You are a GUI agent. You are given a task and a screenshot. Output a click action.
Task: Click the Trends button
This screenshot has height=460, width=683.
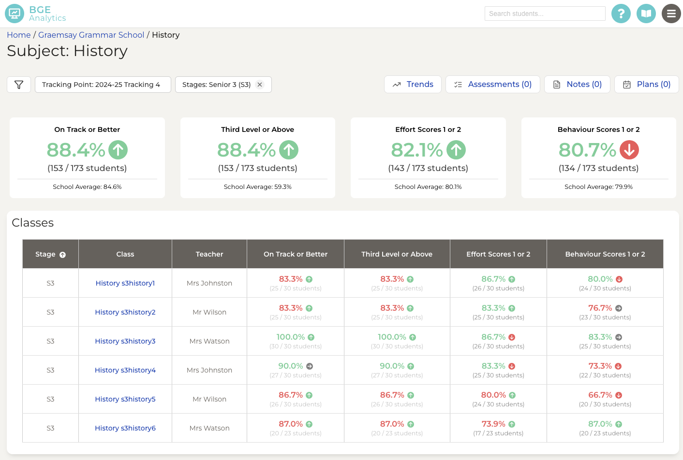click(413, 85)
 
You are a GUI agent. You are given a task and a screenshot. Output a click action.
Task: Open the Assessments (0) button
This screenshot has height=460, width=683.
click(492, 85)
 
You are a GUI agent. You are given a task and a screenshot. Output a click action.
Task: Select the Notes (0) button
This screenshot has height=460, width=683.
click(577, 85)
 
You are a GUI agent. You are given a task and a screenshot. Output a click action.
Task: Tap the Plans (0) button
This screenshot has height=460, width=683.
click(646, 85)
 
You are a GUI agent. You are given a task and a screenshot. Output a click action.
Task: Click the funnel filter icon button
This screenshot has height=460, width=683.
click(19, 85)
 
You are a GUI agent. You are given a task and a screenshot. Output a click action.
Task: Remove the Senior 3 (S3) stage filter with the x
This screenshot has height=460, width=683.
click(260, 85)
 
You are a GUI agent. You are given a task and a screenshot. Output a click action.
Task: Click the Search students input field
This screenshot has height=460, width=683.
click(545, 14)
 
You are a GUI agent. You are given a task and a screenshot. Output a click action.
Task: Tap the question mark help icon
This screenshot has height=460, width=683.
click(621, 14)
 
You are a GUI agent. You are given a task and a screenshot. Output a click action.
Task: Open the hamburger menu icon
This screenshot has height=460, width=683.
click(671, 14)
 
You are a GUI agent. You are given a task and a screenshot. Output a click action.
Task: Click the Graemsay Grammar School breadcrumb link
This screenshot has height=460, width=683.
click(91, 35)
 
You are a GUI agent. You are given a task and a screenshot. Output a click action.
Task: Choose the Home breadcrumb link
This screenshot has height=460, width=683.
click(19, 35)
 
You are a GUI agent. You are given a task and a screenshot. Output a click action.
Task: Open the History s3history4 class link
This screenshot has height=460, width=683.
click(125, 370)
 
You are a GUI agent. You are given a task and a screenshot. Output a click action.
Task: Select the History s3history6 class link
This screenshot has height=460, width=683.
click(125, 428)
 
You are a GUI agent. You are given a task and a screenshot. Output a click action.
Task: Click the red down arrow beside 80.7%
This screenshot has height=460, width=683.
click(629, 150)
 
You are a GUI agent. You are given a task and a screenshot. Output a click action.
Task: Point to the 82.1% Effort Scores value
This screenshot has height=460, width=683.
click(416, 150)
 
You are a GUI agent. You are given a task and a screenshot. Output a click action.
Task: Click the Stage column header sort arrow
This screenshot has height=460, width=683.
click(62, 255)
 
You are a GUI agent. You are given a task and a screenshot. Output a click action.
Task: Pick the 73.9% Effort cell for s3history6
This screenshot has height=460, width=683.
click(493, 424)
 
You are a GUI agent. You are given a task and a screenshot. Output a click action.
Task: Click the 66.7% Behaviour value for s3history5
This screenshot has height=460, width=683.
click(600, 395)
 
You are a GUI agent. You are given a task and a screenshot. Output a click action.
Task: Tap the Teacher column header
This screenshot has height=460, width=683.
click(209, 254)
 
